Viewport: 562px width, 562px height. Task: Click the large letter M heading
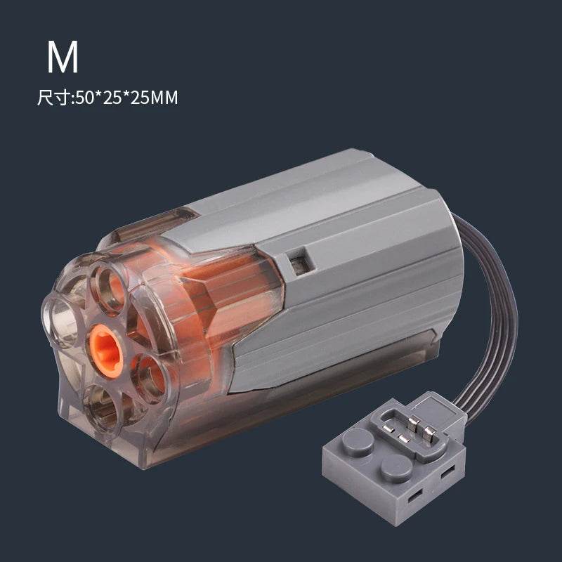click(63, 59)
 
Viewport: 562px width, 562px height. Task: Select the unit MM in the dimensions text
click(162, 98)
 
